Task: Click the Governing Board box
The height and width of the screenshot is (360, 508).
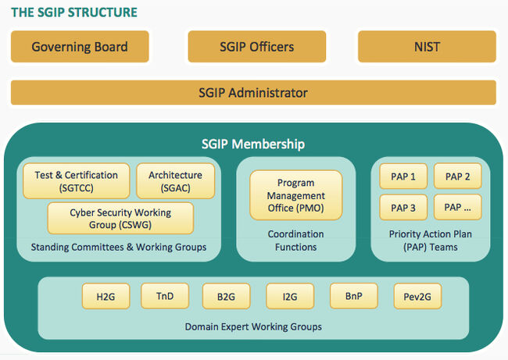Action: pyautogui.click(x=80, y=47)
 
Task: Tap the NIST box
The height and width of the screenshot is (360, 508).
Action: pyautogui.click(x=427, y=47)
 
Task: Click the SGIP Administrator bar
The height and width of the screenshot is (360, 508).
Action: pyautogui.click(x=253, y=93)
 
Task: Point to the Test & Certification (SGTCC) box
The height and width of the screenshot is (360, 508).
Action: pyautogui.click(x=77, y=181)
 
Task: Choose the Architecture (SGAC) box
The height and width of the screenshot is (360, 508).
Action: pyautogui.click(x=175, y=181)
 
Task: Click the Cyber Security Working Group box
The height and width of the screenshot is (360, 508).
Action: pyautogui.click(x=120, y=218)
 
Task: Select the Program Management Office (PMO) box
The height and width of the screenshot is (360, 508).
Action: pyautogui.click(x=295, y=195)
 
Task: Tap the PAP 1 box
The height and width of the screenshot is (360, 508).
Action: pyautogui.click(x=402, y=176)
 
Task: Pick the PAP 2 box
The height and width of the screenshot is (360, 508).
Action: pyautogui.click(x=457, y=176)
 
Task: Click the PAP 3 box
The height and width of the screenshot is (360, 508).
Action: pyautogui.click(x=402, y=208)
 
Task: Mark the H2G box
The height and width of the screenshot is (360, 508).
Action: pyautogui.click(x=106, y=297)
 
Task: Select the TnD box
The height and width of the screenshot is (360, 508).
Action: pyautogui.click(x=165, y=296)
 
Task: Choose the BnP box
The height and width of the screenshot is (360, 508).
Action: pyautogui.click(x=354, y=296)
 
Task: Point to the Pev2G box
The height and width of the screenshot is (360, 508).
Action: pyautogui.click(x=417, y=297)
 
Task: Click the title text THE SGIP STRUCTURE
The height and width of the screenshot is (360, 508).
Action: pyautogui.click(x=73, y=12)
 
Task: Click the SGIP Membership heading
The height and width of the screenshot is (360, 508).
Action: pyautogui.click(x=253, y=144)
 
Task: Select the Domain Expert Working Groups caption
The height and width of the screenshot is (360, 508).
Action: pyautogui.click(x=253, y=326)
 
